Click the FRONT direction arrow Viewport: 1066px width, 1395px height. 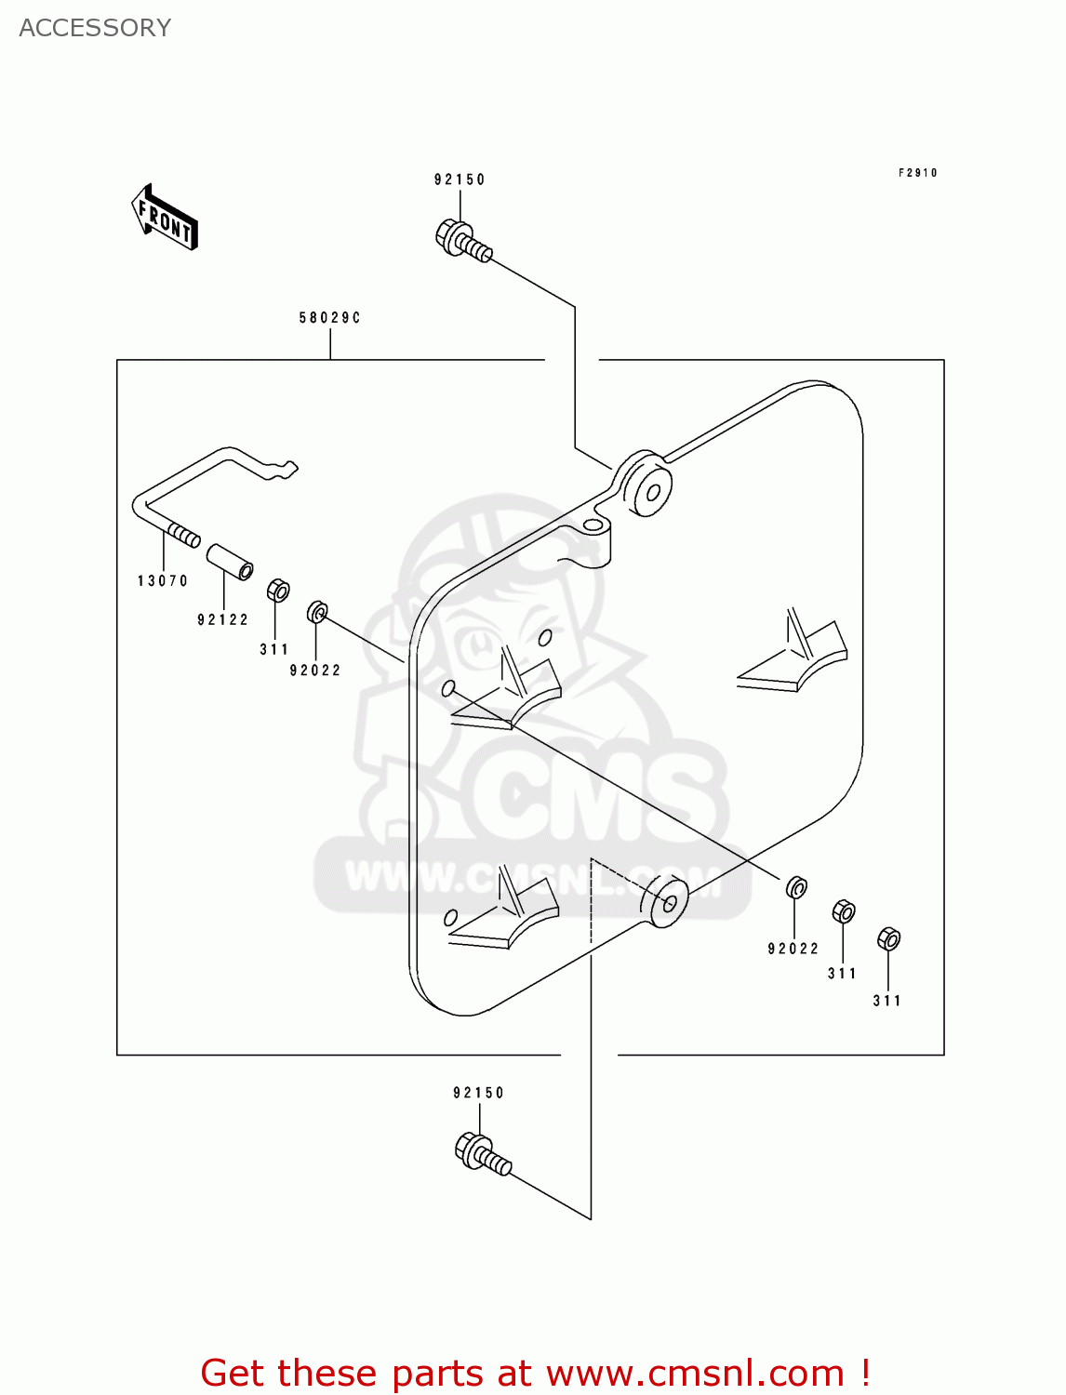point(166,218)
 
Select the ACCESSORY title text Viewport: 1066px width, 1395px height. point(95,28)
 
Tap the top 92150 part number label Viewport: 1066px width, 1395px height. point(460,179)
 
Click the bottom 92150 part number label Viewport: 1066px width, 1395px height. point(478,1093)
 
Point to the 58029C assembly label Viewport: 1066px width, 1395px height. point(329,318)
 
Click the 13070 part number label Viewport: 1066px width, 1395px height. point(163,581)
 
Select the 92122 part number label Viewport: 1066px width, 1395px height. point(223,620)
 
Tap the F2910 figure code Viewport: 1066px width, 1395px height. point(917,173)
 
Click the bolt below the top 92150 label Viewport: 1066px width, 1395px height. point(462,240)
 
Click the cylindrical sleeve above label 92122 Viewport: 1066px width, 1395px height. point(229,561)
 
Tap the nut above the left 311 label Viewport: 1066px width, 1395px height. point(277,591)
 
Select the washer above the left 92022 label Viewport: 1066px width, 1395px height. point(317,612)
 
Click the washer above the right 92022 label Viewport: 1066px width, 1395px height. point(796,887)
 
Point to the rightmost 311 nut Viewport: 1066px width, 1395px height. point(888,939)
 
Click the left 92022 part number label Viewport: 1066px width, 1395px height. point(315,671)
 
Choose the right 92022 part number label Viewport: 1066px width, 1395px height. point(793,949)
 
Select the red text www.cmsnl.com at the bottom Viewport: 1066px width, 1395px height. point(694,1374)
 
